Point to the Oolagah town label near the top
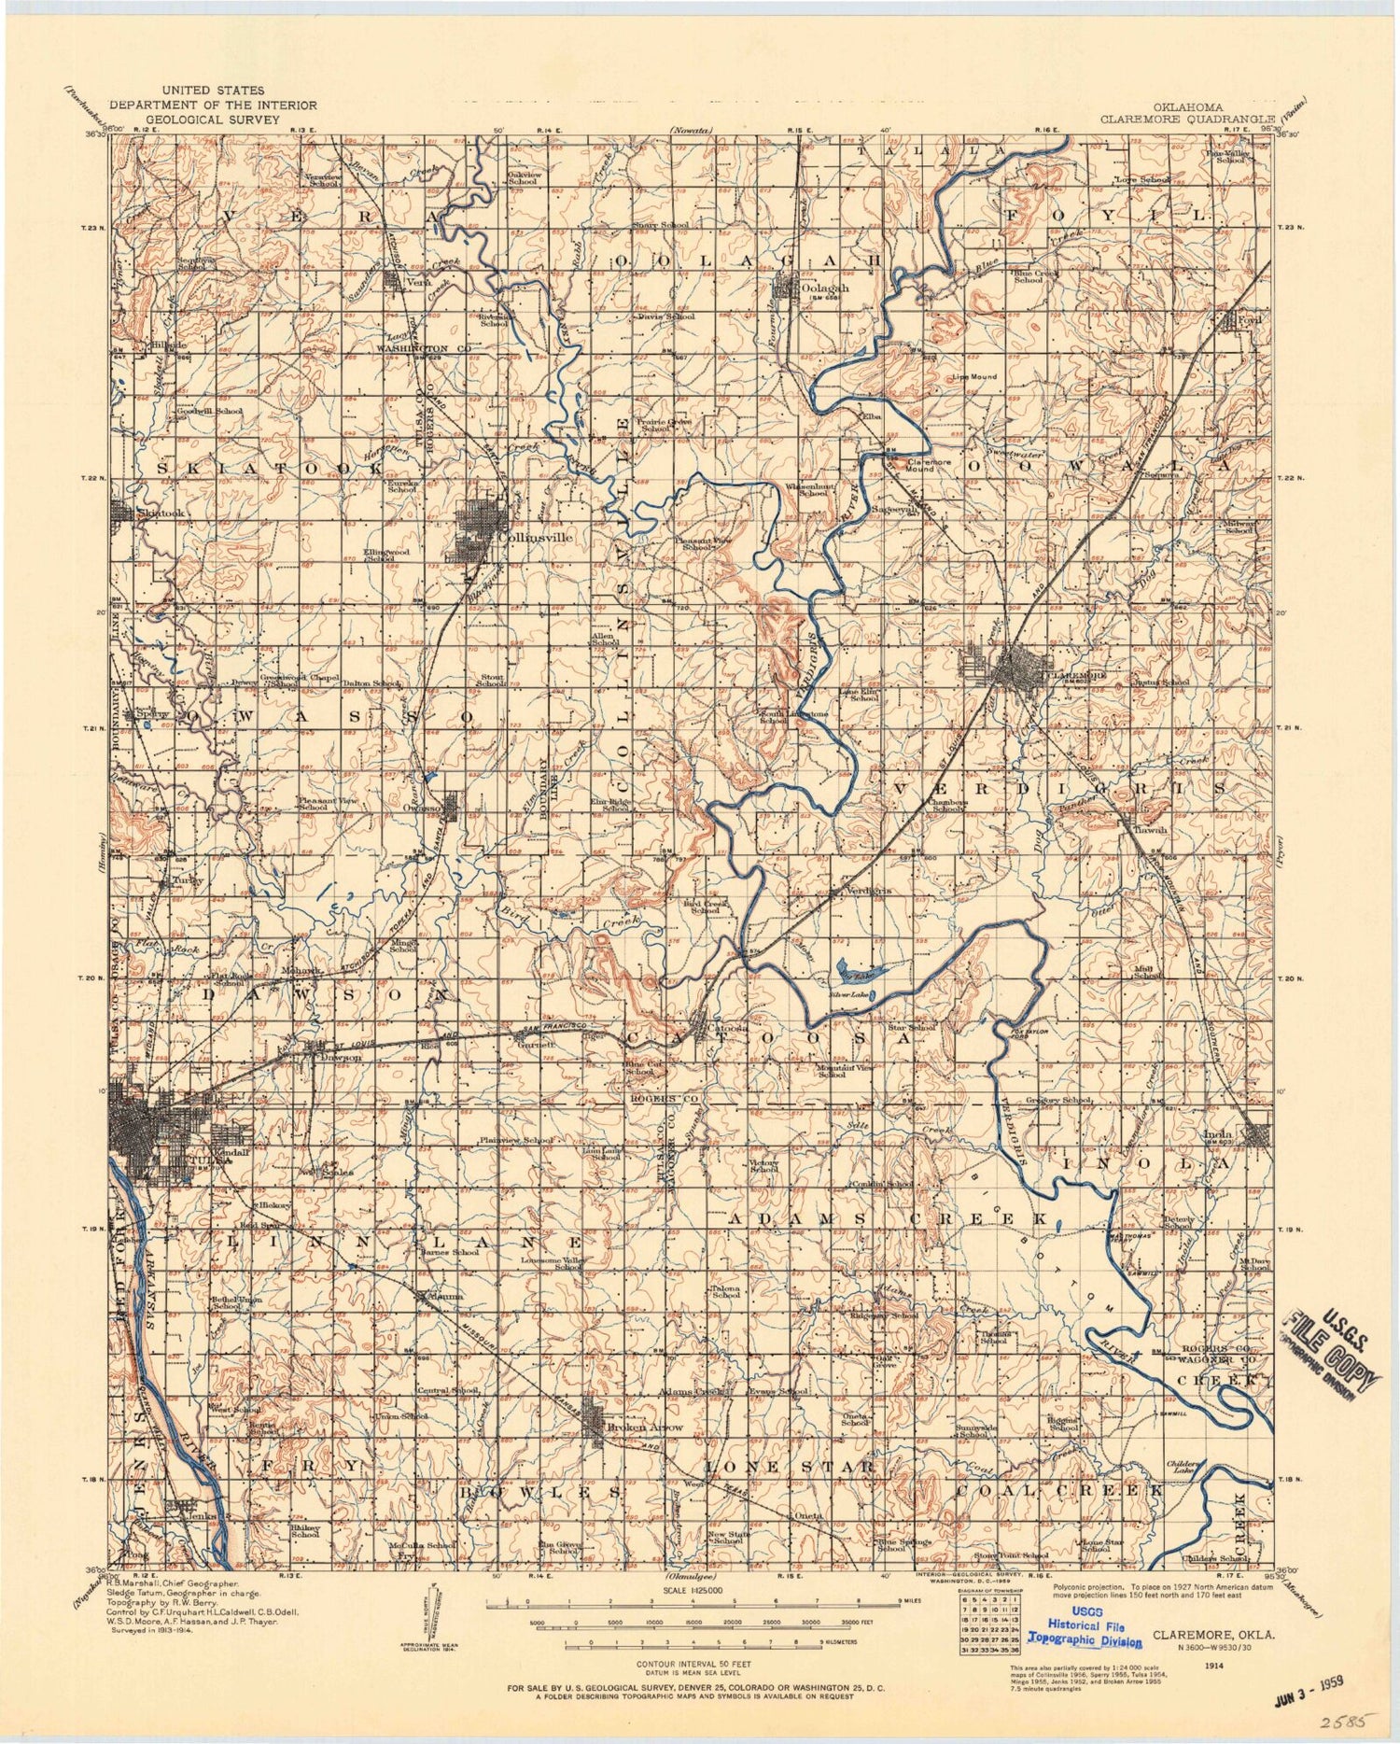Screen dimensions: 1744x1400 tap(820, 288)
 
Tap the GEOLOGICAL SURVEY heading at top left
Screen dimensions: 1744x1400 tap(213, 120)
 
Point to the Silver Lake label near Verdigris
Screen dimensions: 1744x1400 tap(847, 995)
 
